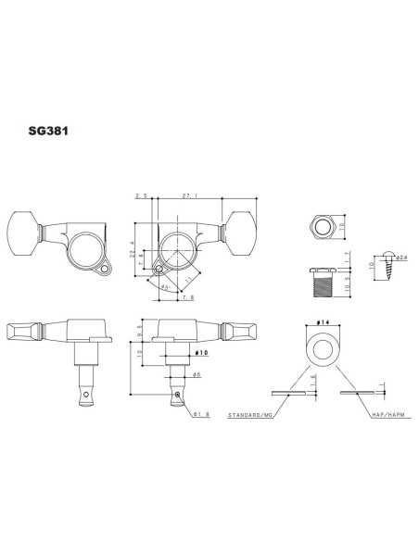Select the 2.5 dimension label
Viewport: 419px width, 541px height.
point(142,196)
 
